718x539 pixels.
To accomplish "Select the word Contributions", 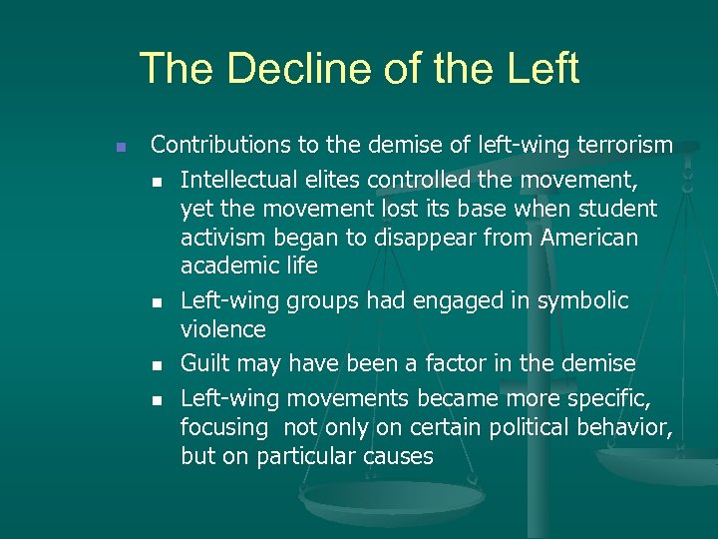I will (221, 146).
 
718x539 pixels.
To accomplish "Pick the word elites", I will (337, 180).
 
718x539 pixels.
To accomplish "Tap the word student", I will (620, 209).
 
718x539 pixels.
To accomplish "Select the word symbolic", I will (580, 299).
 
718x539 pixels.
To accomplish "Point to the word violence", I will (223, 329).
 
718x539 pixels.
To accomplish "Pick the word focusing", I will (223, 428).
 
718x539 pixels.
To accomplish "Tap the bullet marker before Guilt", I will (156, 363).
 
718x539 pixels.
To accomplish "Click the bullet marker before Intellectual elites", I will (156, 181).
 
